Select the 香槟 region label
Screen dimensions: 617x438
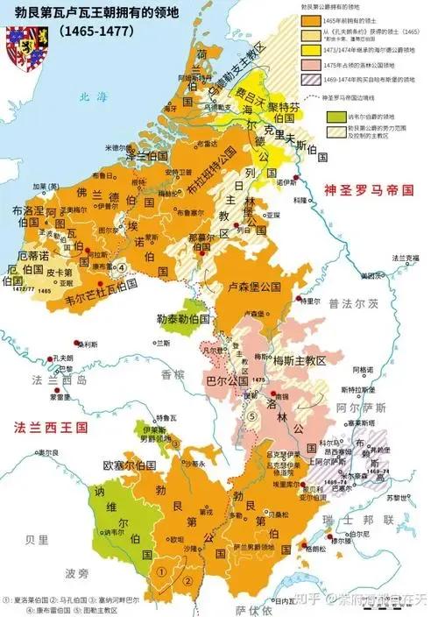click(x=172, y=374)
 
